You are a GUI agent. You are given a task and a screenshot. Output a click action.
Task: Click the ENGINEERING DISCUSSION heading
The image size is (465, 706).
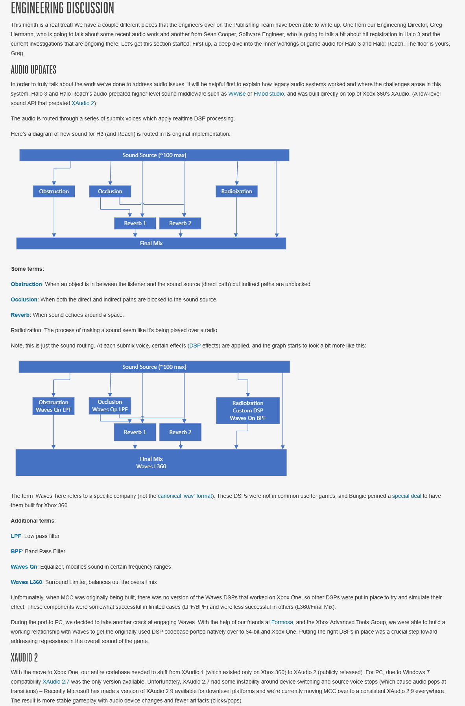63,8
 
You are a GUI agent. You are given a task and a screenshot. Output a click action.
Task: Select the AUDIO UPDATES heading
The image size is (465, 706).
33,70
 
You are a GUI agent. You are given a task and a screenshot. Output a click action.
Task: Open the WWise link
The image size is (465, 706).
237,94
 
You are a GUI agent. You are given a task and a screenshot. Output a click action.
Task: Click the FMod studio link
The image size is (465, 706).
269,94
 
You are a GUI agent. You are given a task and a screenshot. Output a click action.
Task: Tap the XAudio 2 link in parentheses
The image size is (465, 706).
83,103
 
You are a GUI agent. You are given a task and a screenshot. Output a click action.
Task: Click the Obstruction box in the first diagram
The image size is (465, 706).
54,191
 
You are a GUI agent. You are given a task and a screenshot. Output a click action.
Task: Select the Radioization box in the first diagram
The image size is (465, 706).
236,191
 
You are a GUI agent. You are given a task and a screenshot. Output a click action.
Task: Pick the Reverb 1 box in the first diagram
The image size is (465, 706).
135,223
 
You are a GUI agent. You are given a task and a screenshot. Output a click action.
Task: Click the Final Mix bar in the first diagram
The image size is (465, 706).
151,243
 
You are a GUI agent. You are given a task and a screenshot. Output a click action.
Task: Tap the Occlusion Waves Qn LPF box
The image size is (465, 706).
110,406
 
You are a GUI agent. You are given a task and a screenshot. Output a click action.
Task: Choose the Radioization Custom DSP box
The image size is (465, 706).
248,410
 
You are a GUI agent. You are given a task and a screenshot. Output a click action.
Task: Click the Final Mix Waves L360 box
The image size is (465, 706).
151,462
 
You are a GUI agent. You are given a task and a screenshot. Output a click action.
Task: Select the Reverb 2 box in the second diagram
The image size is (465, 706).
180,432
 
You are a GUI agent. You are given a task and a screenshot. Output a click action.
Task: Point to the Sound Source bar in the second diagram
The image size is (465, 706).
154,367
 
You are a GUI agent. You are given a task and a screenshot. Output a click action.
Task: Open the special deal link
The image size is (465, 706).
406,496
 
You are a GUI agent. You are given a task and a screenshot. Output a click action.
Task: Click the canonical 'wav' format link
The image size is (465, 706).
185,496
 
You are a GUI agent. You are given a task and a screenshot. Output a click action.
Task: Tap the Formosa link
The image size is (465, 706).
282,622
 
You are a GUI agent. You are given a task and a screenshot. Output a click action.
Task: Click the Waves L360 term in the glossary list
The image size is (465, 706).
26,582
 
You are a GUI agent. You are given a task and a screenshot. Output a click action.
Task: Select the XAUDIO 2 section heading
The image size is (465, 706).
24,658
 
